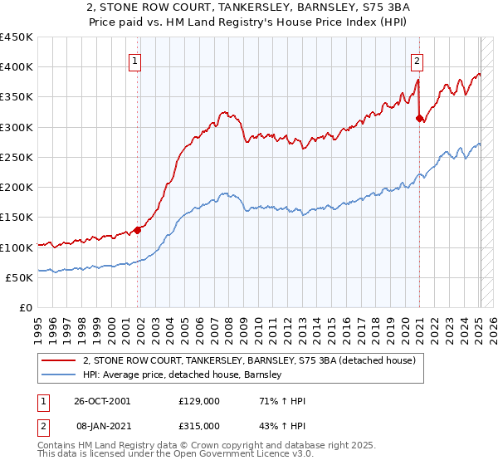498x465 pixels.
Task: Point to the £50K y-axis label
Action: point(19,277)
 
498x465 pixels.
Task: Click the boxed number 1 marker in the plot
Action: point(134,60)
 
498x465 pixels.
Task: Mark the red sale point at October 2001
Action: point(138,230)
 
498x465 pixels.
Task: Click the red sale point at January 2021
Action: point(420,119)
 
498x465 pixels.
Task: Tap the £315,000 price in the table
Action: point(199,425)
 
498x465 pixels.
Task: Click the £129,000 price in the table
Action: point(199,402)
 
